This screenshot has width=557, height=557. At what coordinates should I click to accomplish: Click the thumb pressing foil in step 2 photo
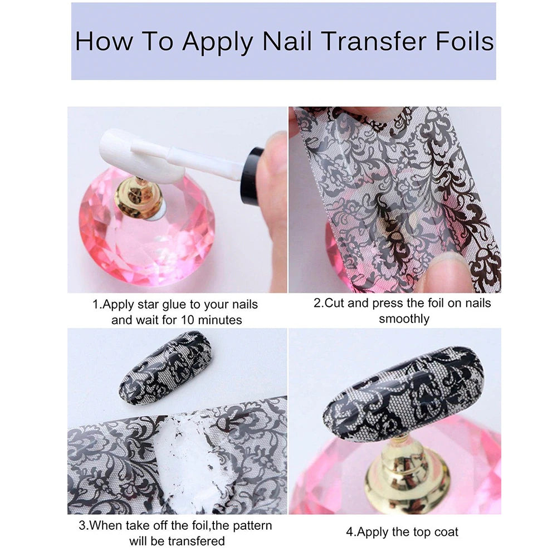point(446,273)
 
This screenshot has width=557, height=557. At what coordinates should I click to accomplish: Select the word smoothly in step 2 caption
point(404,319)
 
